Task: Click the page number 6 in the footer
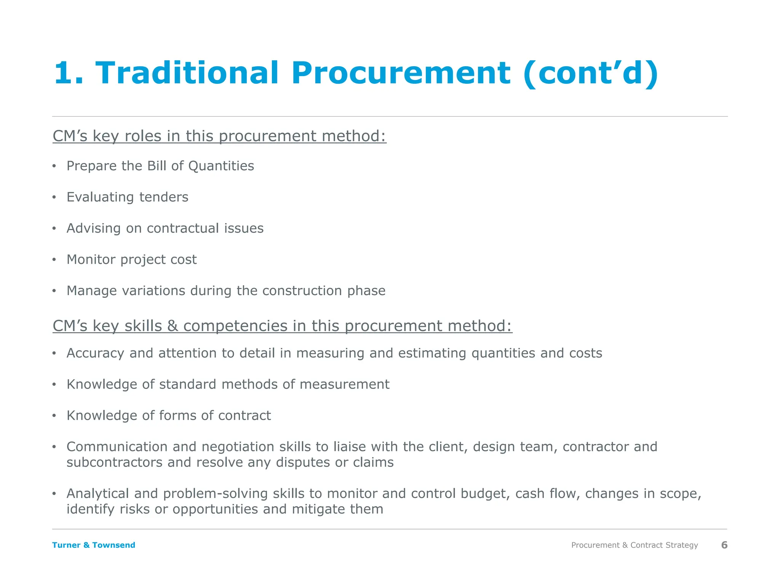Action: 724,545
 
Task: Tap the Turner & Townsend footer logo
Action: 94,545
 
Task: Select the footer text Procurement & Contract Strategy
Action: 635,545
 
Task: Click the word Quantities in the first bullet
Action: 221,166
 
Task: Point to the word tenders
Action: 164,197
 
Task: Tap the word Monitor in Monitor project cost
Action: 91,260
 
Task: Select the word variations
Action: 153,291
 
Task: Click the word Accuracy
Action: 95,353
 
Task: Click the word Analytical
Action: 97,494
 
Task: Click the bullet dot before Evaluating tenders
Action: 54,197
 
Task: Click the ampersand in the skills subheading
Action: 173,326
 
